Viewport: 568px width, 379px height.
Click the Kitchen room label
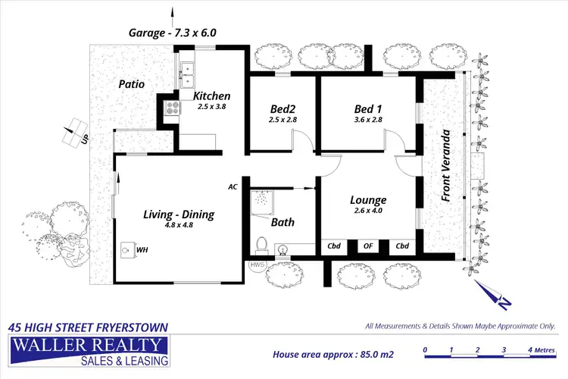pos(211,96)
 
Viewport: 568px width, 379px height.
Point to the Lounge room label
pos(368,200)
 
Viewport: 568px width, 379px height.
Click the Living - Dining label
pos(179,215)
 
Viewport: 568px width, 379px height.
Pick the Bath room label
pos(282,222)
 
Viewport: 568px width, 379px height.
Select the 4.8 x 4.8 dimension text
pos(179,226)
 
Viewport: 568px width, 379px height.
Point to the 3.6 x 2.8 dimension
pos(369,120)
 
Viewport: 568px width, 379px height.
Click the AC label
pos(233,186)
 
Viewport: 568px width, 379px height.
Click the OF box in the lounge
pos(368,246)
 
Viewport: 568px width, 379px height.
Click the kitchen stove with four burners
pos(171,108)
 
